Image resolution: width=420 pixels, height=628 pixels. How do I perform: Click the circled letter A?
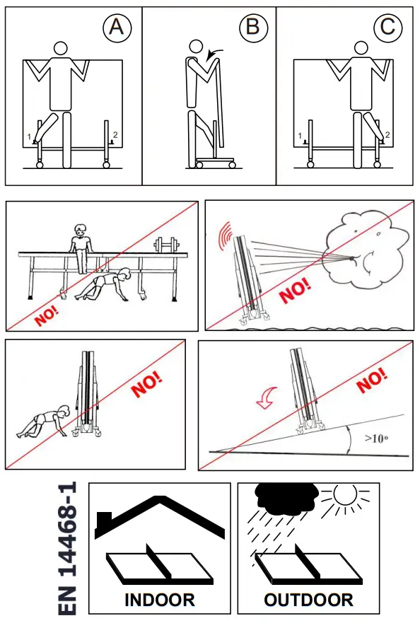(x=117, y=28)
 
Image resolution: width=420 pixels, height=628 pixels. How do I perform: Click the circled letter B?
(x=253, y=28)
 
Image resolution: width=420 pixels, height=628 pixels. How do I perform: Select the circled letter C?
(x=387, y=28)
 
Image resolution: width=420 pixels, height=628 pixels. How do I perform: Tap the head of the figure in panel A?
(x=61, y=49)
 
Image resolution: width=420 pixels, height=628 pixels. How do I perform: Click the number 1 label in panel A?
(x=29, y=137)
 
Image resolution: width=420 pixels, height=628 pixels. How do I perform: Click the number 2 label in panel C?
(x=387, y=134)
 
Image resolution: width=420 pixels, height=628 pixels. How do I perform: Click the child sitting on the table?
(x=81, y=248)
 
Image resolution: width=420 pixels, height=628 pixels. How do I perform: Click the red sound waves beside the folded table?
(x=226, y=235)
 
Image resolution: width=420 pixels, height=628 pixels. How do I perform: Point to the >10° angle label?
(x=376, y=438)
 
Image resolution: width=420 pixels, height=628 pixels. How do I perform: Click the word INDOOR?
(x=159, y=600)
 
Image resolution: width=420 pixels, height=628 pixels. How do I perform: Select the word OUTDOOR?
(x=308, y=600)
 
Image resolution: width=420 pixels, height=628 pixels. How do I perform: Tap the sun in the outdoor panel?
(x=345, y=496)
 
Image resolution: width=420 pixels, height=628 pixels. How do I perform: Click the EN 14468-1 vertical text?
(x=67, y=548)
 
